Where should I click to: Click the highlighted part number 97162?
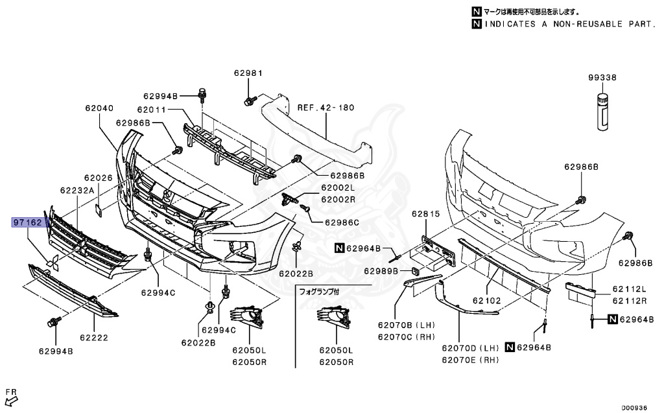(x=29, y=223)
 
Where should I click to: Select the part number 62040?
(x=99, y=109)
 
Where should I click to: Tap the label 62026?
(x=98, y=177)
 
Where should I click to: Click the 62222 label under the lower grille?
(x=94, y=338)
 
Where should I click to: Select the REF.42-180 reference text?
(x=326, y=108)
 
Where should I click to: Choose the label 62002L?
(x=338, y=187)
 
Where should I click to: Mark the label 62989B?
(x=381, y=270)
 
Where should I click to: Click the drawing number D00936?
(x=635, y=407)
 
